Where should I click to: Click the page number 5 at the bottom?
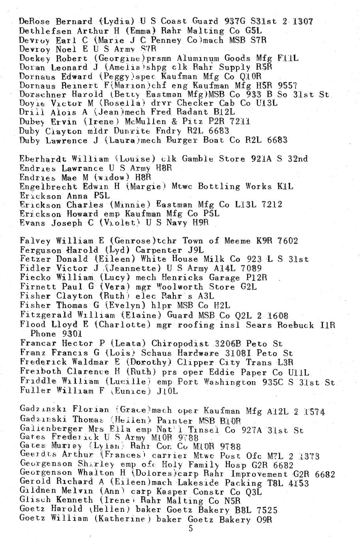tap(191, 529)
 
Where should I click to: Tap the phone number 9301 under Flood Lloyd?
tap(72, 334)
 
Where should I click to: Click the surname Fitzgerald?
tap(46, 315)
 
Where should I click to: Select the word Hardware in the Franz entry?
tap(194, 353)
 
